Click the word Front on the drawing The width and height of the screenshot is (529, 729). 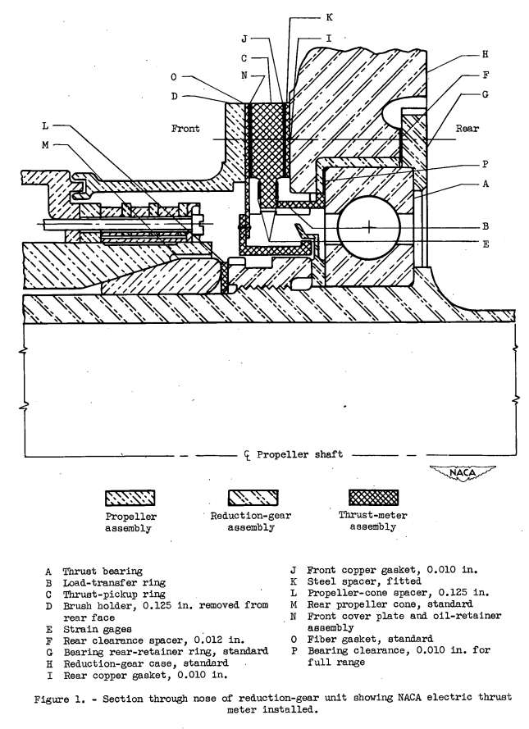click(x=188, y=129)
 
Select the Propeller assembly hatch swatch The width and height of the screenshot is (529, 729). click(x=130, y=498)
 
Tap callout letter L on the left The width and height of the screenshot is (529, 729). click(x=47, y=125)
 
